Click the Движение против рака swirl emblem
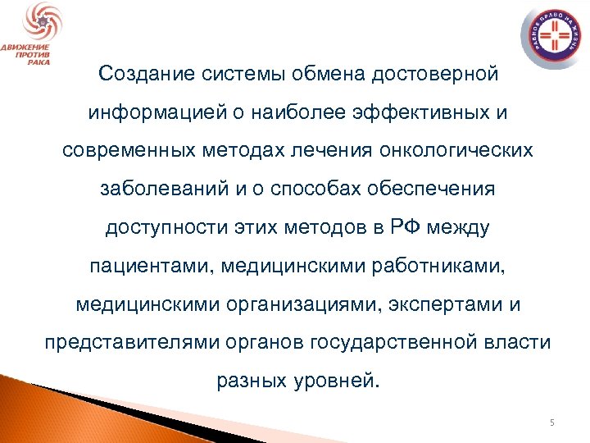click(35, 22)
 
